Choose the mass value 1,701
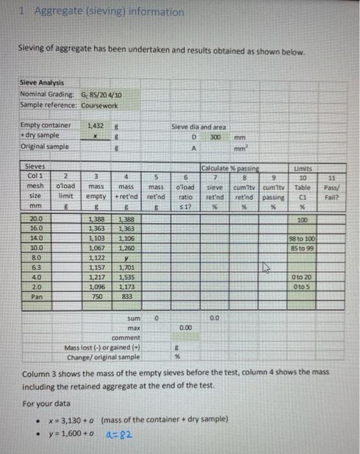point(126,267)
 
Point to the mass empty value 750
point(95,296)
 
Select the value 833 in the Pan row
point(126,296)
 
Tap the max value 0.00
point(186,329)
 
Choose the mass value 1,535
point(126,276)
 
